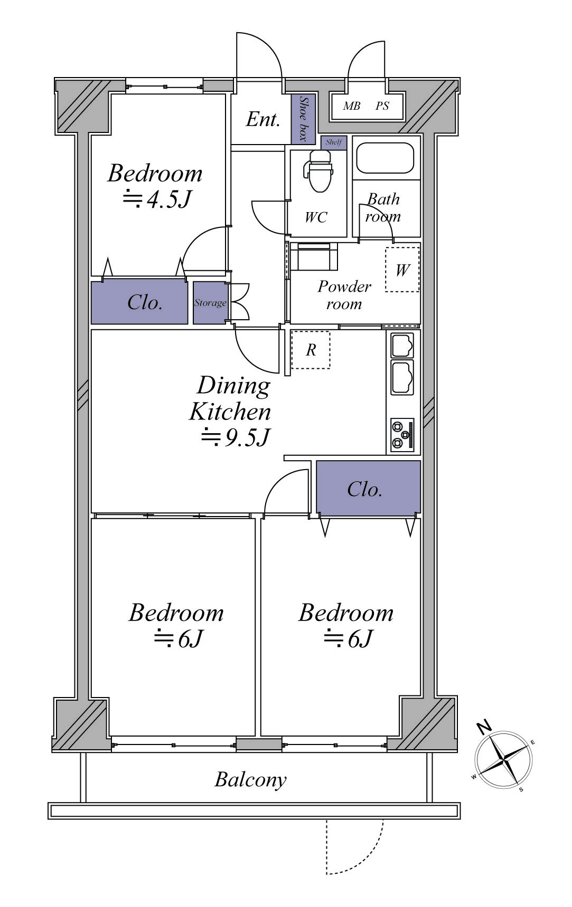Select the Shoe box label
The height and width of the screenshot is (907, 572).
pyautogui.click(x=303, y=119)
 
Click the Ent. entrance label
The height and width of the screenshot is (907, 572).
pyautogui.click(x=262, y=119)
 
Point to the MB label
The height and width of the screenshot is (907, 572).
pyautogui.click(x=351, y=106)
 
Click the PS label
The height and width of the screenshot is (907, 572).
pyautogui.click(x=382, y=106)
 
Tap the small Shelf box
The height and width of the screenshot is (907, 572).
pyautogui.click(x=334, y=142)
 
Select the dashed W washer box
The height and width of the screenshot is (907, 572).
pyautogui.click(x=402, y=270)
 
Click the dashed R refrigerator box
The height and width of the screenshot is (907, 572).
pyautogui.click(x=311, y=350)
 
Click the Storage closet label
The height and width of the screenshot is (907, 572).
pyautogui.click(x=210, y=303)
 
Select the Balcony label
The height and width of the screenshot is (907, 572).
pyautogui.click(x=250, y=780)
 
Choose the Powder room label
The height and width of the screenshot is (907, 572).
pyautogui.click(x=344, y=295)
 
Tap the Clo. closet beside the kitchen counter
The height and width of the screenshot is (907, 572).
pyautogui.click(x=369, y=488)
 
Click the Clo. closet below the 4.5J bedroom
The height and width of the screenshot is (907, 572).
pyautogui.click(x=139, y=302)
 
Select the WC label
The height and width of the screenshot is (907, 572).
pyautogui.click(x=316, y=217)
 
